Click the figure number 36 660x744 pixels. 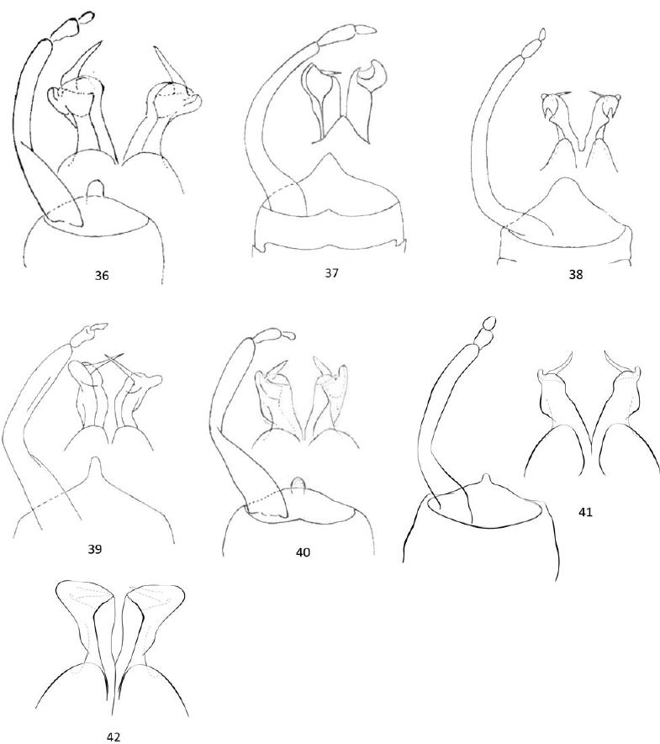click(x=102, y=275)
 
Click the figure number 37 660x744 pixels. click(x=331, y=273)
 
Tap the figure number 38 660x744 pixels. click(x=576, y=274)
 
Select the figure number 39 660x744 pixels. click(x=95, y=549)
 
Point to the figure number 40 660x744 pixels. click(x=303, y=552)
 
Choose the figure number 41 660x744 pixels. click(x=586, y=512)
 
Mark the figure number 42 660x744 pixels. click(x=113, y=736)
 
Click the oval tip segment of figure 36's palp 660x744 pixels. click(x=86, y=17)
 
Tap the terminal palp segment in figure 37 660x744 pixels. click(x=366, y=30)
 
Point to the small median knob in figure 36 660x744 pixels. click(x=95, y=187)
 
